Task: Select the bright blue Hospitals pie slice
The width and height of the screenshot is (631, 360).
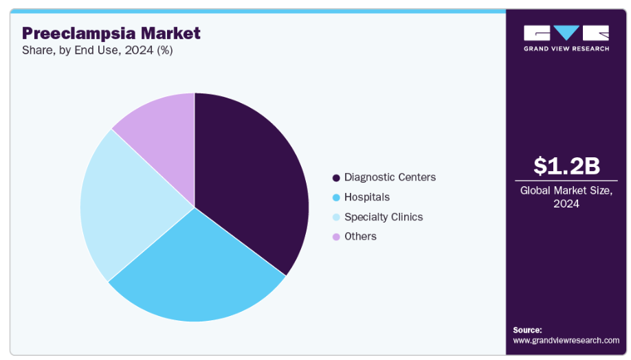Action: pos(199,275)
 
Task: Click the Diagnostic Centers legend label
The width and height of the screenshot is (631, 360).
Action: pos(390,177)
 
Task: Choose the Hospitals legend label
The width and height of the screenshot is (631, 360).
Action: pos(367,197)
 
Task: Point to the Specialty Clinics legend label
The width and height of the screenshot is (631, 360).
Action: pos(384,217)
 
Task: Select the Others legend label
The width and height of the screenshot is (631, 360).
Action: pos(360,236)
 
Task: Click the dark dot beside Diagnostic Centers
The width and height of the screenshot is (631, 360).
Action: pos(336,178)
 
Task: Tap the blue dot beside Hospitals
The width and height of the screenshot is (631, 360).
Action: pos(336,198)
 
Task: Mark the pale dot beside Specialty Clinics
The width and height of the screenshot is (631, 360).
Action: pos(336,217)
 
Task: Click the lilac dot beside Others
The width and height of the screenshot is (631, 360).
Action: pos(336,237)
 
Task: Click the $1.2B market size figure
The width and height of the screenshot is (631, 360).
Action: pos(566,166)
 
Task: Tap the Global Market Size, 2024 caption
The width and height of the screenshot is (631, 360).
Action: pos(566,197)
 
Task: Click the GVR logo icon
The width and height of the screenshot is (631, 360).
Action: pos(566,33)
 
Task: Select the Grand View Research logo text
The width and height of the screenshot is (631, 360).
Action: pos(566,49)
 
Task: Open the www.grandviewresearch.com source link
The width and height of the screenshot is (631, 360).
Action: pos(566,340)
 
